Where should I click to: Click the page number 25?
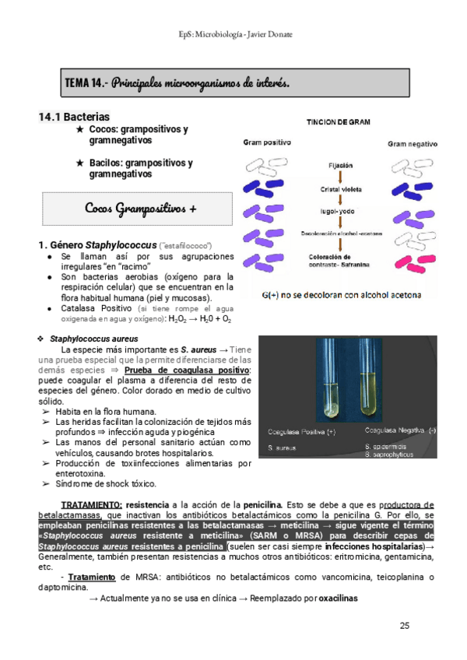[404, 625]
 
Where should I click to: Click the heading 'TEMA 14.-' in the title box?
[88, 82]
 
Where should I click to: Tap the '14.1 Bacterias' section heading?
[75, 117]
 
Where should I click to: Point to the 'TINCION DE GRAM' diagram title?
[338, 122]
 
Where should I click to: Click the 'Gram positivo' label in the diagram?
[267, 143]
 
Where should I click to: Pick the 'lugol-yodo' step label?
[339, 211]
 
